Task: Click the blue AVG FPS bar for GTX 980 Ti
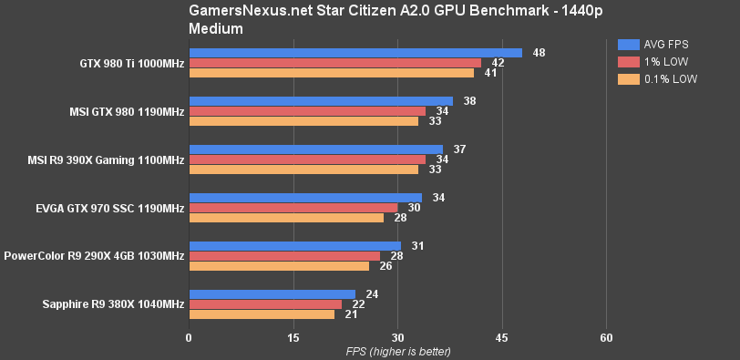pyautogui.click(x=355, y=53)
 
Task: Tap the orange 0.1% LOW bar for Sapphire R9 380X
pyautogui.click(x=262, y=314)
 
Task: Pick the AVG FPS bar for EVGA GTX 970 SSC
pyautogui.click(x=305, y=198)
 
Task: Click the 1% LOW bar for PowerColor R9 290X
pyautogui.click(x=284, y=256)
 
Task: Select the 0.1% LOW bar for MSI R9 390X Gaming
pyautogui.click(x=303, y=170)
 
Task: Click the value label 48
pyautogui.click(x=540, y=53)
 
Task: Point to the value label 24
pyautogui.click(x=372, y=294)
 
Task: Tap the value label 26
pyautogui.click(x=386, y=266)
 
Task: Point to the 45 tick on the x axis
pyautogui.click(x=501, y=337)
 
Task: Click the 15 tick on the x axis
pyautogui.click(x=293, y=337)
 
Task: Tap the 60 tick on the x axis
pyautogui.click(x=606, y=337)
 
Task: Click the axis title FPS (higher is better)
pyautogui.click(x=398, y=351)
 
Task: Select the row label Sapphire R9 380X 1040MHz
pyautogui.click(x=113, y=304)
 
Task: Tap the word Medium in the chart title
pyautogui.click(x=216, y=28)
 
